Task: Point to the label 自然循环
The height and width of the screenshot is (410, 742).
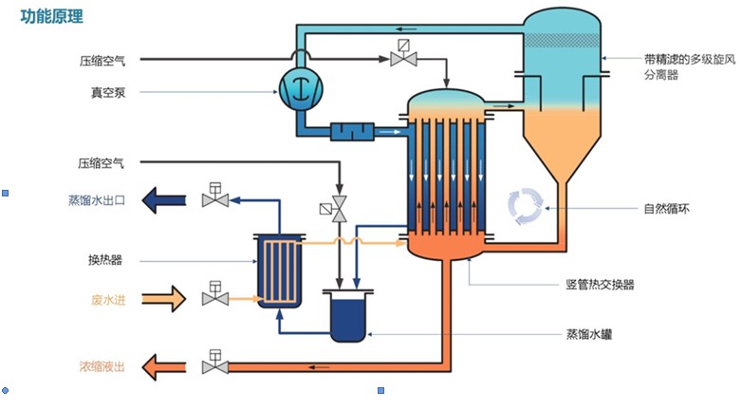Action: click(x=667, y=208)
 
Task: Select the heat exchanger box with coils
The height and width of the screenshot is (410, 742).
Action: click(x=279, y=272)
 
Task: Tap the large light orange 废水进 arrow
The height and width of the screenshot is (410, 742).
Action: click(x=164, y=299)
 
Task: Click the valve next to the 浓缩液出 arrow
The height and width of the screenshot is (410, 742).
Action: click(x=214, y=364)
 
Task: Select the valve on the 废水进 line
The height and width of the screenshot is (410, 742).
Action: click(x=214, y=298)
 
